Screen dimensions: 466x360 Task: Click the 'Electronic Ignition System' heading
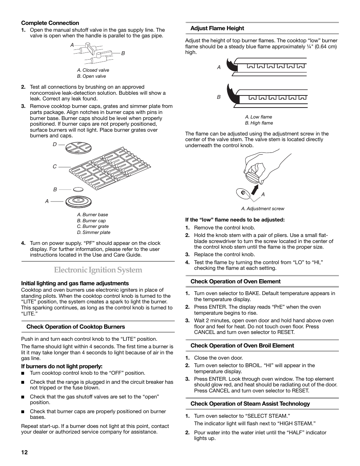click(x=98, y=270)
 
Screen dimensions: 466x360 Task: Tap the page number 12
click(x=24, y=452)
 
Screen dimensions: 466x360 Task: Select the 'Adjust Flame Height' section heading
click(x=217, y=28)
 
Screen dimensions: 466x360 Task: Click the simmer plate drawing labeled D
click(x=77, y=148)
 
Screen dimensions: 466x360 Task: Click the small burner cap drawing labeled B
click(x=78, y=189)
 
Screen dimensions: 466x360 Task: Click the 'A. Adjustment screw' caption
click(x=263, y=209)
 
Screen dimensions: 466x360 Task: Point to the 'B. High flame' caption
click(x=259, y=123)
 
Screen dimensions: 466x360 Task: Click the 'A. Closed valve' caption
click(x=93, y=70)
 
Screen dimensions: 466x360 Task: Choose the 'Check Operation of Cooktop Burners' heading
click(x=75, y=327)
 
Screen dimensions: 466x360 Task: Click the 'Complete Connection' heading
click(x=50, y=23)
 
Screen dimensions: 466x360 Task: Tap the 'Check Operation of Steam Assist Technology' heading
click(x=250, y=404)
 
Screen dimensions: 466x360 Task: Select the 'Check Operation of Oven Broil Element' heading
click(x=242, y=346)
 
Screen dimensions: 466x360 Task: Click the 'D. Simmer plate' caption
click(x=94, y=232)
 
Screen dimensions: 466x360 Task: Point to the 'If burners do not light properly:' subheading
click(x=62, y=366)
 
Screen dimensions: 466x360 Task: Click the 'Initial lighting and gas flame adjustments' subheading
click(x=75, y=283)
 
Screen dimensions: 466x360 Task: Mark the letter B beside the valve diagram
click(x=123, y=54)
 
